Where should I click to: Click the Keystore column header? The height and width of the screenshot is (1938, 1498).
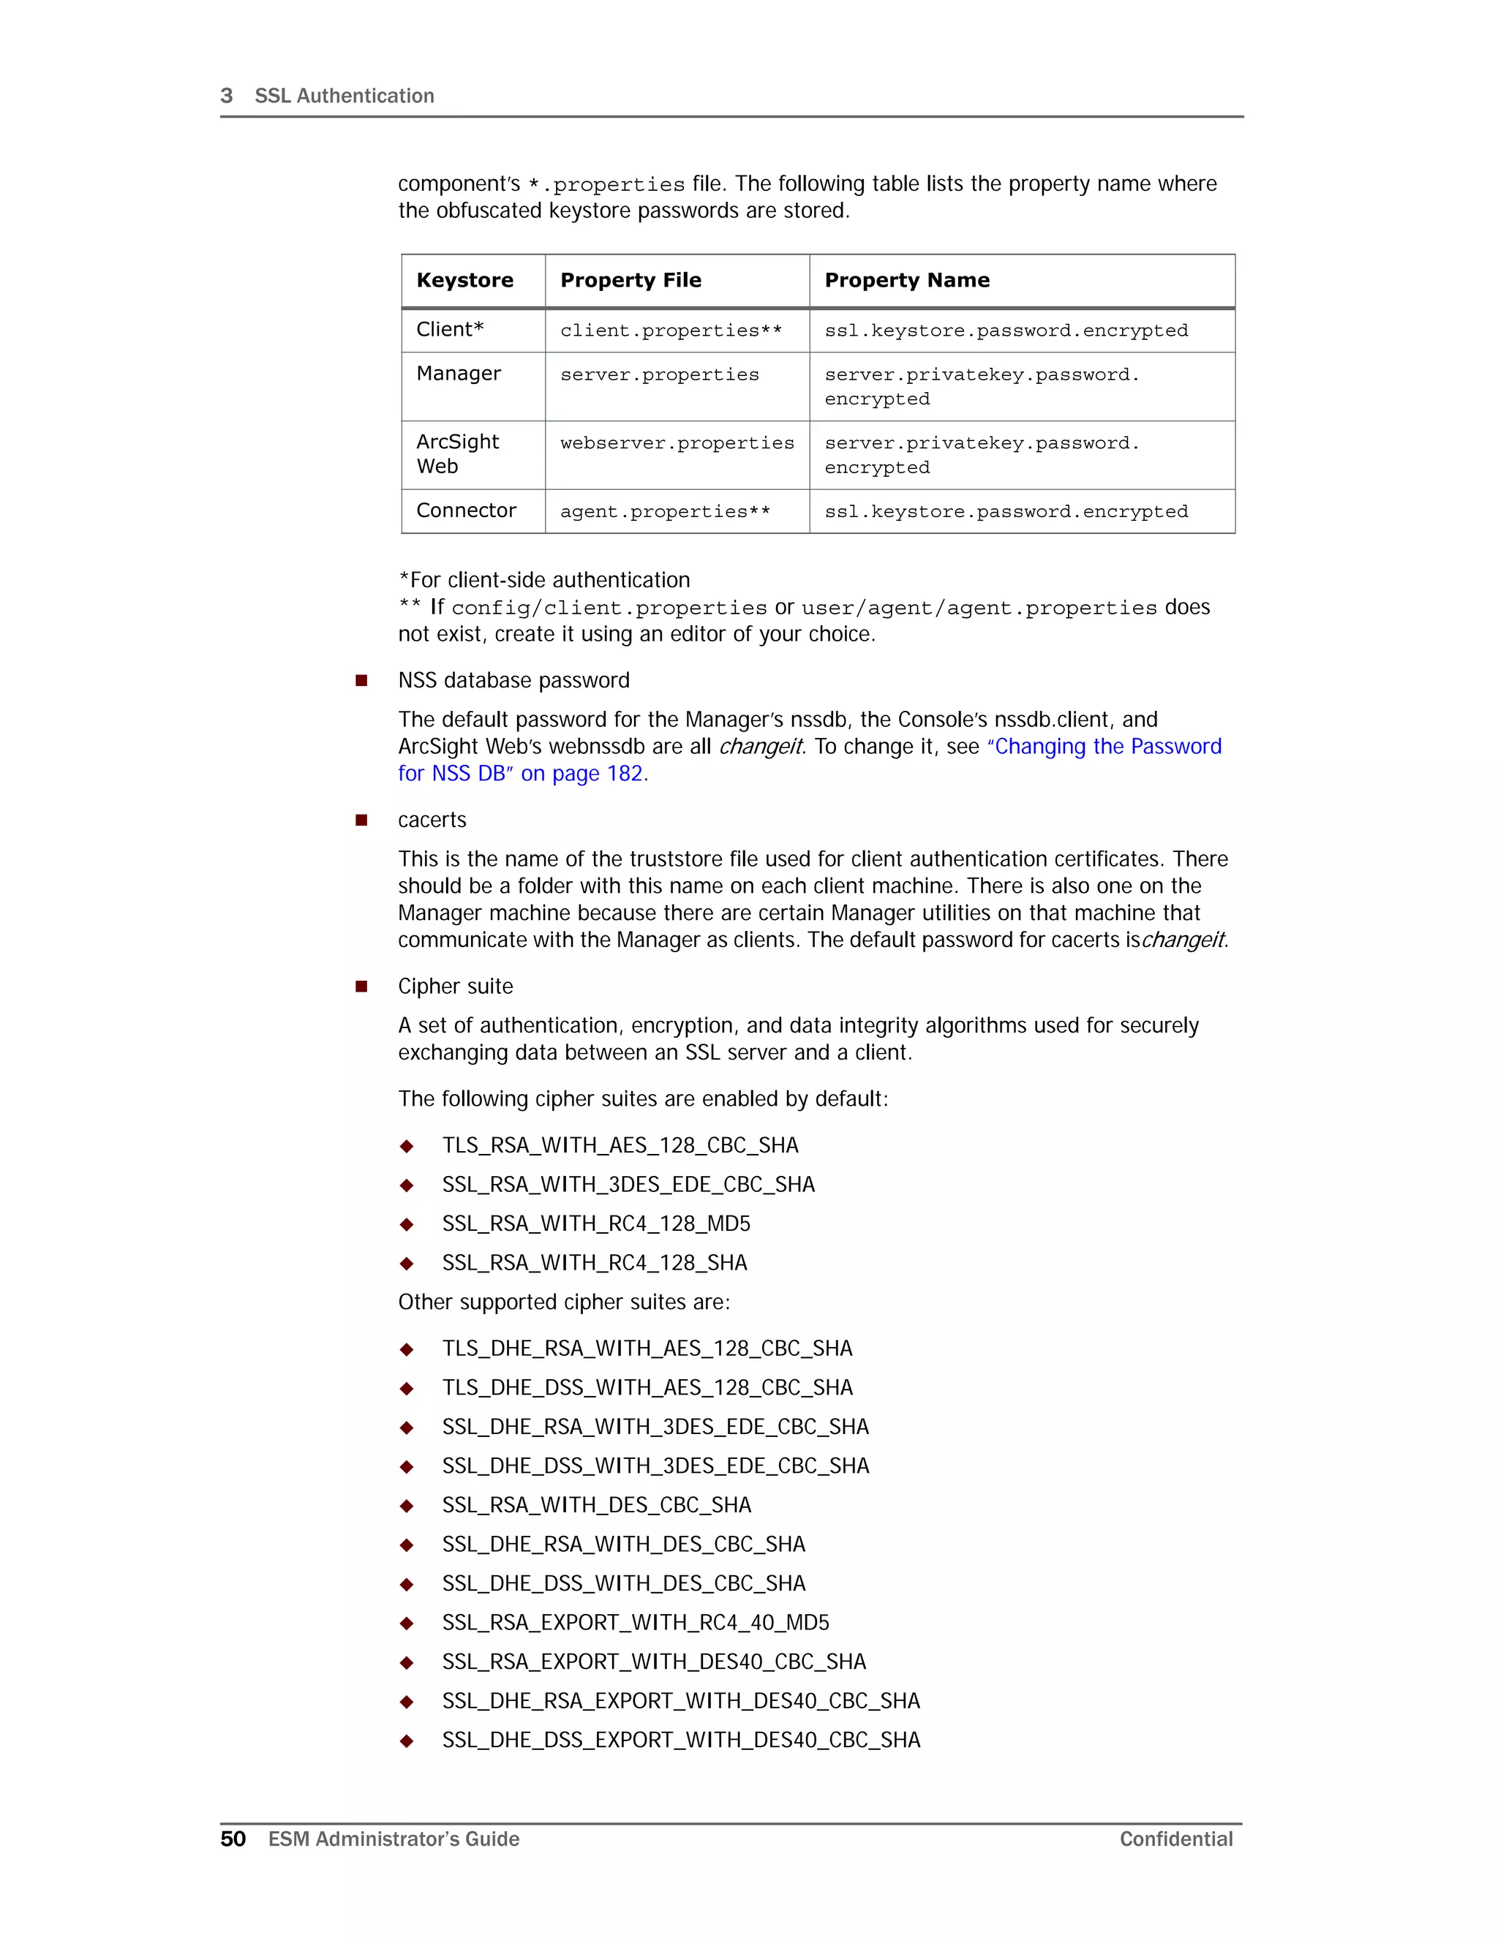pos(464,280)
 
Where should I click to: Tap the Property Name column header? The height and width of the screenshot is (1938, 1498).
pos(906,280)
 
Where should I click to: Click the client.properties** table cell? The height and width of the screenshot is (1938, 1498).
pos(670,330)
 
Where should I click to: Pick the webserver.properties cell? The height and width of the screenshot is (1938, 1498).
pos(677,442)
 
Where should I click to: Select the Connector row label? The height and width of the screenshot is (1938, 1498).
pos(466,510)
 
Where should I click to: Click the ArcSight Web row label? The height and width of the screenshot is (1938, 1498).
pos(457,453)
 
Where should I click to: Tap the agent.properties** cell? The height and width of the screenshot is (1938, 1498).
pos(665,512)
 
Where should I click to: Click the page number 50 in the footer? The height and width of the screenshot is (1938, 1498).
pos(233,1839)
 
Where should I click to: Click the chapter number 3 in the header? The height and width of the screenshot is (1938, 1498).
pos(226,96)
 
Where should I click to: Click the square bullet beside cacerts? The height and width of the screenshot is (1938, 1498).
pos(361,820)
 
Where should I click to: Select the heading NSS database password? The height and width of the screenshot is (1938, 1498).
pos(513,681)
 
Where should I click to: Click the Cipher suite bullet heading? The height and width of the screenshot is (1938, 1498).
pos(455,987)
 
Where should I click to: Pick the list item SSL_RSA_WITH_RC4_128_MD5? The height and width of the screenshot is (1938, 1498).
pos(595,1223)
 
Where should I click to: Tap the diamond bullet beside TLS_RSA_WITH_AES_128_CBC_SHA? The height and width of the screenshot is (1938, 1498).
pos(407,1147)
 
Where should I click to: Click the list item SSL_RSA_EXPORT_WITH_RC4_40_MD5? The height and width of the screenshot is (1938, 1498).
pos(636,1622)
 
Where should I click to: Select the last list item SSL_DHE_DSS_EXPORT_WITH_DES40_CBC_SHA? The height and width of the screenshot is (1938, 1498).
pos(681,1740)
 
